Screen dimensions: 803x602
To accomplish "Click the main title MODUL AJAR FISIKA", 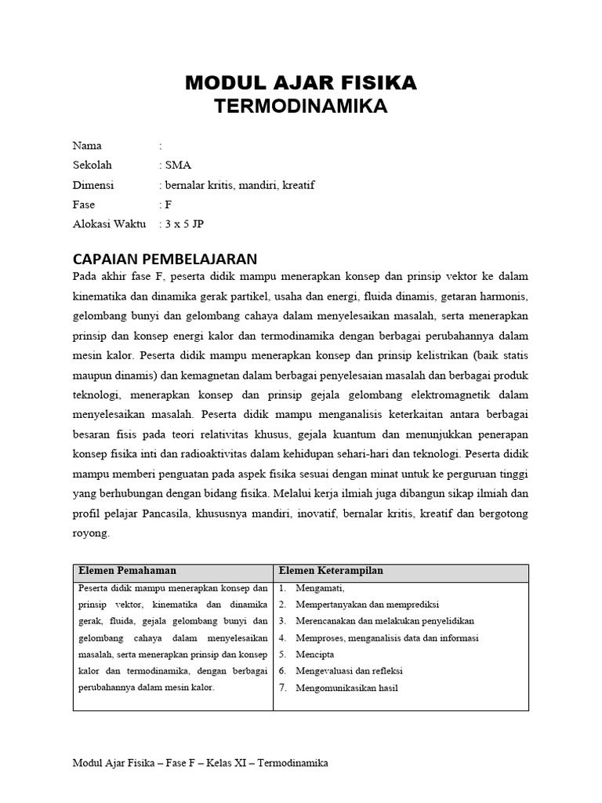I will point(301,82).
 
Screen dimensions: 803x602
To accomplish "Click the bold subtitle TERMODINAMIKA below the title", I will point(301,107).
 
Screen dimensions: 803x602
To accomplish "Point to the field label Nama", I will point(87,146).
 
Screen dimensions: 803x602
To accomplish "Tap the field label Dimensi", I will point(93,185).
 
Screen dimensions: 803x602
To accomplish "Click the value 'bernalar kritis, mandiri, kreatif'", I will point(238,185).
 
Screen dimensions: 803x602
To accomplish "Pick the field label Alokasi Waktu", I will point(109,224).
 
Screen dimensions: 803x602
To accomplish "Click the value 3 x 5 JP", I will point(183,224).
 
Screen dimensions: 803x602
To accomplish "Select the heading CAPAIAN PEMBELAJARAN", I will point(165,259).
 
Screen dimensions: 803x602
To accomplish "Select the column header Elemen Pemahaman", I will point(126,571).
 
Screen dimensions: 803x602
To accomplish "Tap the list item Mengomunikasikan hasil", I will point(347,689).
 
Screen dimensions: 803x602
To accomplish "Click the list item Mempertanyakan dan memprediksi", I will point(367,605).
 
